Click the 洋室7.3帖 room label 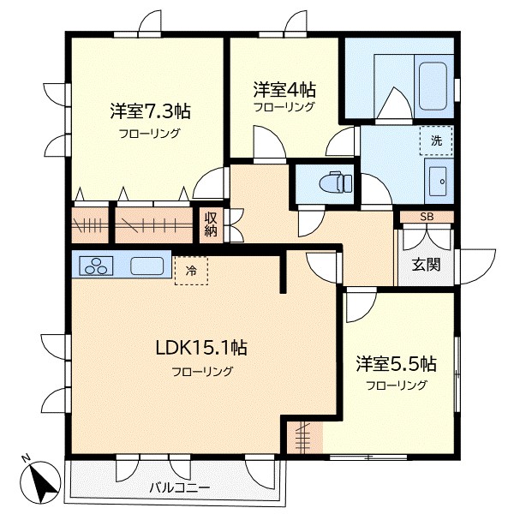tap(150, 111)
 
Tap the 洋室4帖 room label tap(283, 88)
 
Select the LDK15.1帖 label tap(202, 348)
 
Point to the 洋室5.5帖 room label tap(396, 363)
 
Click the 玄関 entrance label tap(426, 264)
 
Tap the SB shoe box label tap(426, 217)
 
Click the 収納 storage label tap(211, 224)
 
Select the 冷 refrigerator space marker tap(191, 271)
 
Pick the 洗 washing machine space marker tap(436, 140)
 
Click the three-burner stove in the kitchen tap(96, 266)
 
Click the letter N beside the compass tap(27, 457)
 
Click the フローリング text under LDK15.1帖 tap(202, 371)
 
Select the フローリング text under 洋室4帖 tap(284, 107)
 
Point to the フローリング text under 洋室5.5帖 tap(396, 385)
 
